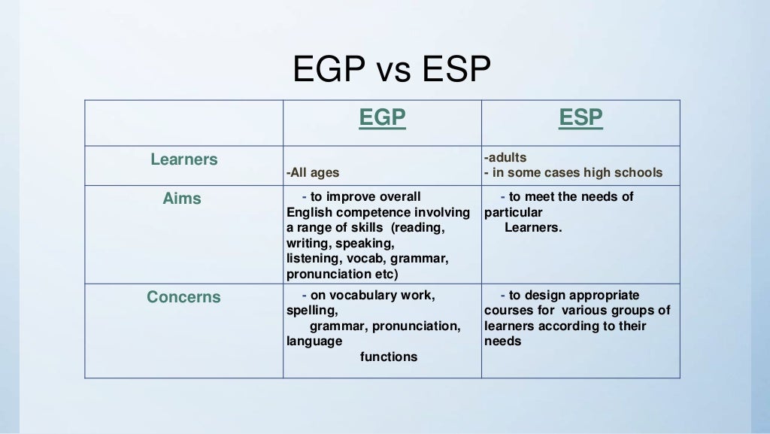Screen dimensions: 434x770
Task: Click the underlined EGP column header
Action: [x=382, y=118]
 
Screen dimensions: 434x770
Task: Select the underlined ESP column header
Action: [x=581, y=118]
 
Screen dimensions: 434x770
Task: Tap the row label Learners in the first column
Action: [x=183, y=159]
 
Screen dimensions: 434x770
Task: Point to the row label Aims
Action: [x=182, y=199]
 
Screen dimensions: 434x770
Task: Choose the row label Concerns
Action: [x=183, y=297]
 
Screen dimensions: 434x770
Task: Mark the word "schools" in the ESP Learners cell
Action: [x=638, y=173]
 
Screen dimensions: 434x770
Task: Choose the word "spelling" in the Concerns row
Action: [x=311, y=311]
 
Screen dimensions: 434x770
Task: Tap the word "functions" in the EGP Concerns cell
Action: [x=389, y=357]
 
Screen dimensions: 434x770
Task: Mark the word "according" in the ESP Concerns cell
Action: [x=568, y=326]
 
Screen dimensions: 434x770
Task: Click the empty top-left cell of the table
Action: [x=183, y=123]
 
